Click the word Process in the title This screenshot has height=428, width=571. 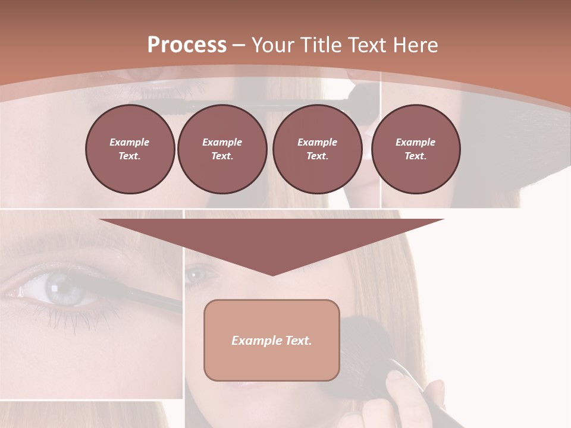(187, 45)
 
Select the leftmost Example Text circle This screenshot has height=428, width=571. (130, 149)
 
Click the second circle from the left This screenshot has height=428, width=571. (222, 149)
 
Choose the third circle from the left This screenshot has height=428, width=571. (317, 149)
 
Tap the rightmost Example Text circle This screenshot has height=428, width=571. (416, 149)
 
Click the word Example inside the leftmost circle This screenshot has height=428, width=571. (130, 142)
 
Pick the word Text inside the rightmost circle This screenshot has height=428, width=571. (416, 156)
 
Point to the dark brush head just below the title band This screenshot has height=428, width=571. (360, 95)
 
